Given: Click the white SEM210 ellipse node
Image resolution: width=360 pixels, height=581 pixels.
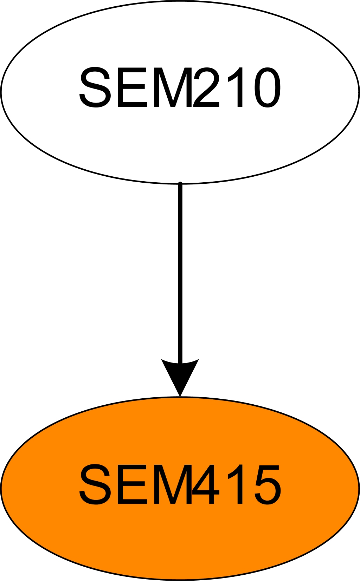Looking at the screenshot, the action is tap(180, 92).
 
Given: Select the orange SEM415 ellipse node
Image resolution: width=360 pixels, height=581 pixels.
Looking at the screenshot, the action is tap(180, 489).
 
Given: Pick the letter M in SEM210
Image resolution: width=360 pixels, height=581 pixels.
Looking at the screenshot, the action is tap(173, 87).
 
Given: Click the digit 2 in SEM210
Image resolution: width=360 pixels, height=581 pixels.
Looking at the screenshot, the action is tap(206, 87).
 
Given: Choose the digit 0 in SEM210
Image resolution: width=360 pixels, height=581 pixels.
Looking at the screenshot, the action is tap(267, 87).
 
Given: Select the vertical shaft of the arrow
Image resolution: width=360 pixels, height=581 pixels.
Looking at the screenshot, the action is tap(180, 272).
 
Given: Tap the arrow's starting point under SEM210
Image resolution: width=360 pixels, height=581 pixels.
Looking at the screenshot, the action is tap(180, 184).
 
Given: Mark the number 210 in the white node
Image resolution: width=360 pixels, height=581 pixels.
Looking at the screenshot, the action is tap(237, 87).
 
